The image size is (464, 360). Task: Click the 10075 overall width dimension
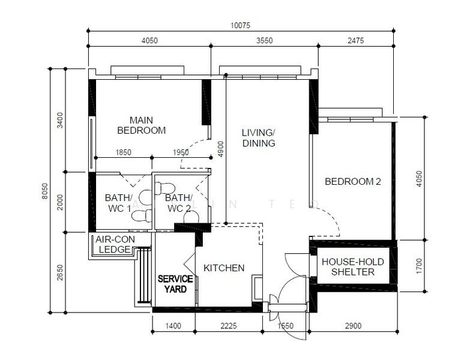(240, 25)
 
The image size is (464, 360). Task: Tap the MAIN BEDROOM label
(142, 125)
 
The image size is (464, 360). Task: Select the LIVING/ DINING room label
(259, 138)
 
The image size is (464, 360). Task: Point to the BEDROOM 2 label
(353, 181)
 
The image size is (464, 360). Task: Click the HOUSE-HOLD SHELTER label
(353, 267)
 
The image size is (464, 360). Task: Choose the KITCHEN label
(224, 268)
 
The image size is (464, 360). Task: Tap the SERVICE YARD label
(175, 284)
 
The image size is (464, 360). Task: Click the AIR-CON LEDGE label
(115, 244)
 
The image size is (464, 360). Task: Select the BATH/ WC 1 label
(119, 203)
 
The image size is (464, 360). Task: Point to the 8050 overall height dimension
(44, 191)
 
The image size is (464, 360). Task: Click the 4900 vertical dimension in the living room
(221, 149)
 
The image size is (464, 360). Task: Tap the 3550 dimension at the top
(264, 41)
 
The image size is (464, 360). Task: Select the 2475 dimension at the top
(356, 41)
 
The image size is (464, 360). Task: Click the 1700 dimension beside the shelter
(419, 266)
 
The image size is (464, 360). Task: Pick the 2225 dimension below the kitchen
(229, 326)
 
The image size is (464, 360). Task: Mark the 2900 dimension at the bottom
(353, 326)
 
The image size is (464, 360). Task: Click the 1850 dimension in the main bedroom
(124, 152)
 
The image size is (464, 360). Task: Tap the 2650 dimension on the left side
(60, 272)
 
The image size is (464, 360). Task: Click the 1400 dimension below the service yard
(173, 326)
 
